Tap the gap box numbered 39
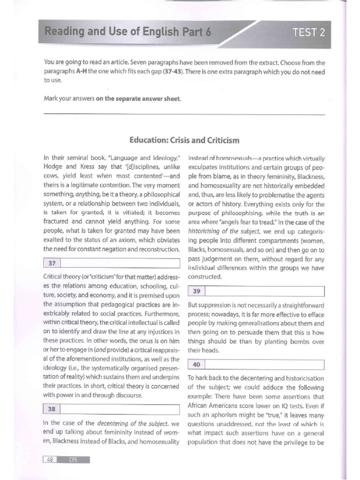256,292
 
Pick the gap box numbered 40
256,364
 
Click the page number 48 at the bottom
49,459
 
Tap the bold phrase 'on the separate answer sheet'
138,97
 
